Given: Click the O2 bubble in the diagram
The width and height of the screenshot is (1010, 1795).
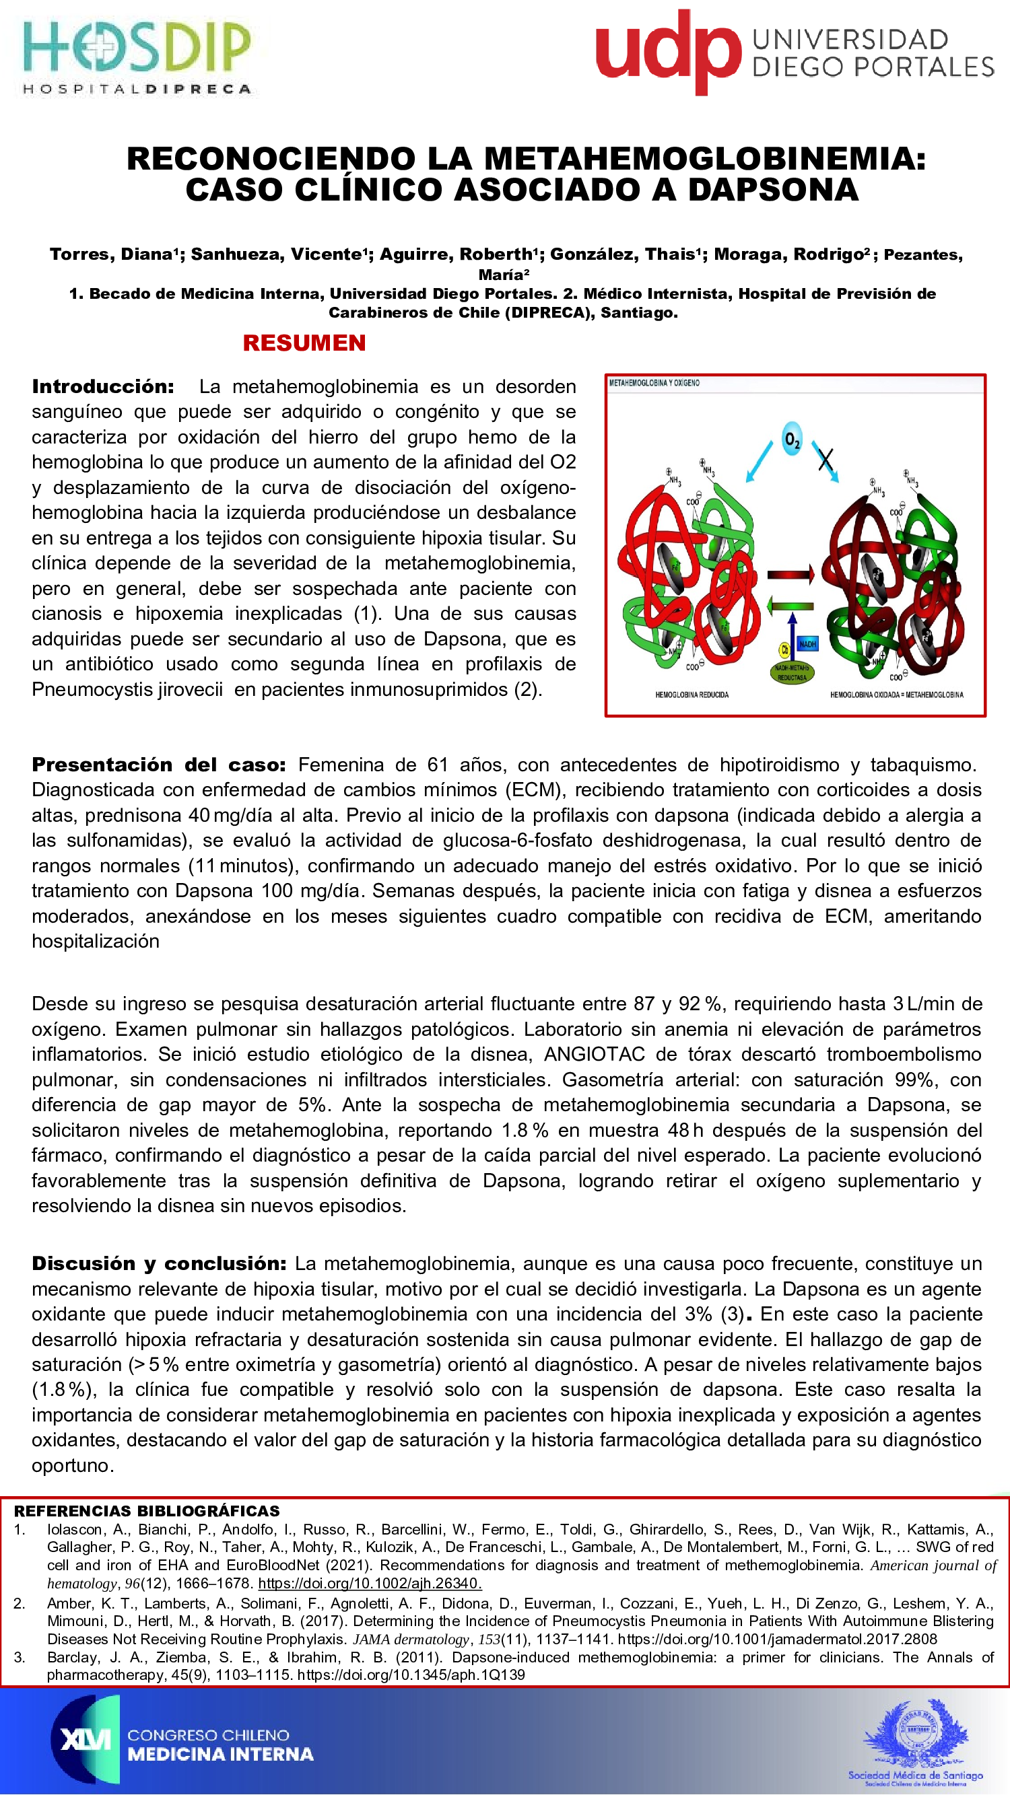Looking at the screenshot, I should click(x=792, y=439).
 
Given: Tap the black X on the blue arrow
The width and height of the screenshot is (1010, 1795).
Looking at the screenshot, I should click(x=826, y=459).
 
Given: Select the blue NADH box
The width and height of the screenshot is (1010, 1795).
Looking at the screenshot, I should click(x=807, y=644).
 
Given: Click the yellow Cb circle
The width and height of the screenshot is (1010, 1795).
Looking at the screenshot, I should click(x=784, y=649).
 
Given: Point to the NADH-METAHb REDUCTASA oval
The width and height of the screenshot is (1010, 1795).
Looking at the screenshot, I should click(x=792, y=672).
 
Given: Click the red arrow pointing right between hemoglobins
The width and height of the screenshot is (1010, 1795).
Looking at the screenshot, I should click(x=790, y=575).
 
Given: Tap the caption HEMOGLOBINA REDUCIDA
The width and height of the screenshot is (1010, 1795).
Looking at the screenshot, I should click(x=692, y=695).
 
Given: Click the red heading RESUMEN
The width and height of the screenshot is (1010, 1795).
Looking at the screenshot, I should click(x=304, y=343).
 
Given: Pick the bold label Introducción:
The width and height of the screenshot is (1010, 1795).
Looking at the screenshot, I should click(x=103, y=387).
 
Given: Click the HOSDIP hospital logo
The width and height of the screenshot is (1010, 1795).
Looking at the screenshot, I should click(x=137, y=56).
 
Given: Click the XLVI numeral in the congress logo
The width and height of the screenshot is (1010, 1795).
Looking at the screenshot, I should click(x=85, y=1740).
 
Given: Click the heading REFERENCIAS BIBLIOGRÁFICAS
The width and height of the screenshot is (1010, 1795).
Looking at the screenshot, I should click(x=146, y=1511).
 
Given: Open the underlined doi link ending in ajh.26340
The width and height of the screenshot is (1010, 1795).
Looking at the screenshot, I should click(x=370, y=1583).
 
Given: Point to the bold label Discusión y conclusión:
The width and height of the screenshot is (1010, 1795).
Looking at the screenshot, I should click(x=159, y=1263).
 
